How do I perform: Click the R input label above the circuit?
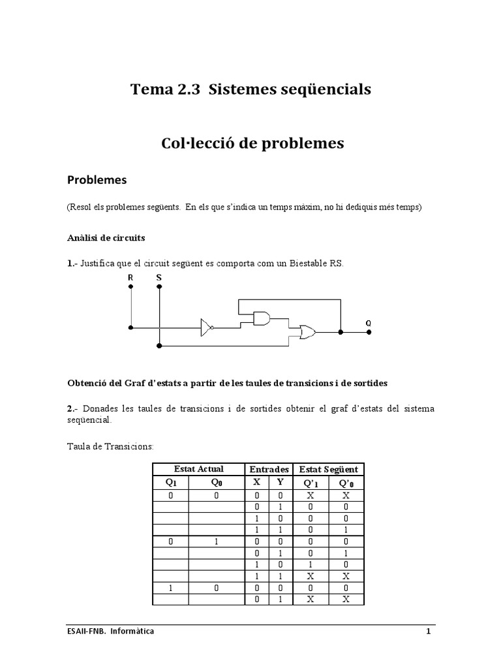coord(130,277)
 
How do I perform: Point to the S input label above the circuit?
coord(159,277)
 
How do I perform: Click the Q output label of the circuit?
coord(369,323)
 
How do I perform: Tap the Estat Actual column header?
coord(198,469)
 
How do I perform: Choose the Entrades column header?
coord(269,469)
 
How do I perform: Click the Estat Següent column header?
coord(328,469)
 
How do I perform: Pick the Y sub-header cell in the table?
coord(280,483)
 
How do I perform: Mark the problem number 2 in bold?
coord(69,408)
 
